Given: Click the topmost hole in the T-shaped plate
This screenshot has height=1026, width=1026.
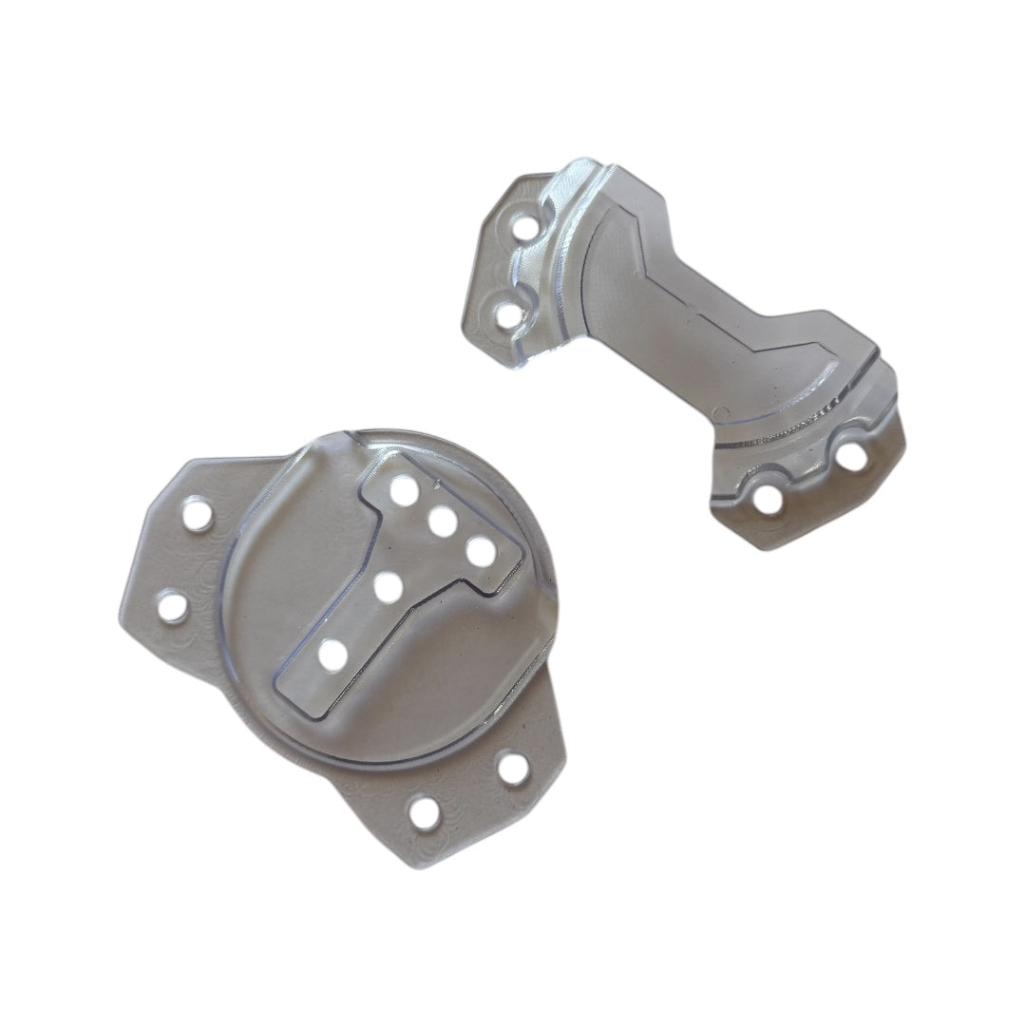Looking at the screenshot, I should (x=404, y=490).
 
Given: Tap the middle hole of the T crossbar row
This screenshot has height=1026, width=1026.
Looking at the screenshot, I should (x=442, y=521).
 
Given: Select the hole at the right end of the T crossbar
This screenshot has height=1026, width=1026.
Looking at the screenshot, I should (x=480, y=550).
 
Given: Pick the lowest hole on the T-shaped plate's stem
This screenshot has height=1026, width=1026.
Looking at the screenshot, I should (x=332, y=655).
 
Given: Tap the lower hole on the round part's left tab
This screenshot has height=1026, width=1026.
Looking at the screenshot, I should (x=172, y=605).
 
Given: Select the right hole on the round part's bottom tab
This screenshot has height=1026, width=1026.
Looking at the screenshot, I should (x=513, y=769).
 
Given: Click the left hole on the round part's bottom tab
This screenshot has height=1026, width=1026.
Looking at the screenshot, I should (x=425, y=812).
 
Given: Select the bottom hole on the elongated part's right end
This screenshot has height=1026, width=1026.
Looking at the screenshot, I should (x=768, y=499).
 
